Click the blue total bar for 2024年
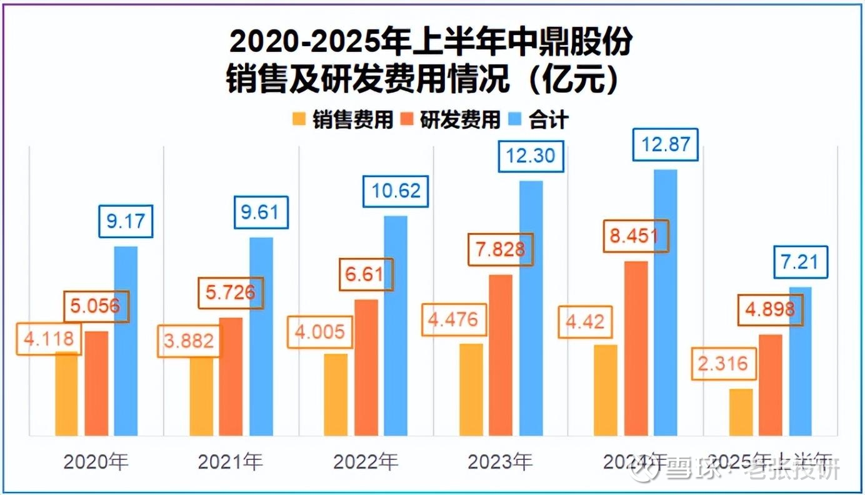[666, 302]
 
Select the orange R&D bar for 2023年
[501, 355]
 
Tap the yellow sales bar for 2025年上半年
[741, 412]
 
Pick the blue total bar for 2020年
[126, 341]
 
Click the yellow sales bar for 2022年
[336, 394]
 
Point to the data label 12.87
[665, 144]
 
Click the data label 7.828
[501, 250]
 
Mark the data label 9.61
[261, 212]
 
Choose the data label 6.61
[366, 274]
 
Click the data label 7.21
[799, 261]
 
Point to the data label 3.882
[189, 341]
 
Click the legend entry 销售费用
[343, 119]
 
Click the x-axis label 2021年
[231, 462]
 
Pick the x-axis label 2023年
[500, 462]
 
